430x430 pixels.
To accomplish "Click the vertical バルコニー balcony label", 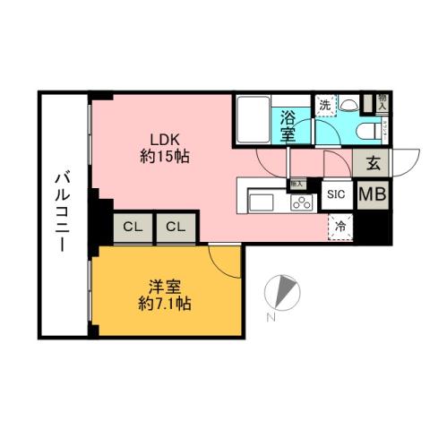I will [x=61, y=211].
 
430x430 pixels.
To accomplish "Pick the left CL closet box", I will [x=133, y=227].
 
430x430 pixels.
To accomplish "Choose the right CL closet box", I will [x=175, y=227].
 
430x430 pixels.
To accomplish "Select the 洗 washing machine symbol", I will [x=325, y=104].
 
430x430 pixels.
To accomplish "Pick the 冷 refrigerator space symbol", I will [x=340, y=228].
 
